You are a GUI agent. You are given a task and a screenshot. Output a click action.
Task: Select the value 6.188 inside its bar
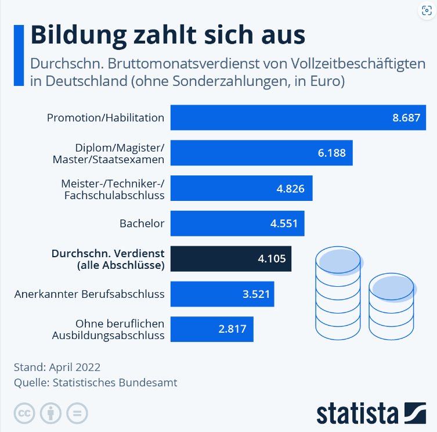tap(331, 153)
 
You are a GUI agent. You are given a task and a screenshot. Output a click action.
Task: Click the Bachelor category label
tap(142, 223)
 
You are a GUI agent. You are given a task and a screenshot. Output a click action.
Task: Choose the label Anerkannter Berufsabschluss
tap(89, 294)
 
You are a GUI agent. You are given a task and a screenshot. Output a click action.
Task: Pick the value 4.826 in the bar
tap(291, 189)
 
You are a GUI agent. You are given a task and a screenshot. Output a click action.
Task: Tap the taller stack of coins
tap(338, 293)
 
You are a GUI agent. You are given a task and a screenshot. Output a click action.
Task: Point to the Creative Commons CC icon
tap(24, 414)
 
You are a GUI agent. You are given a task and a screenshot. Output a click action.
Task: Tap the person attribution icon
tap(50, 414)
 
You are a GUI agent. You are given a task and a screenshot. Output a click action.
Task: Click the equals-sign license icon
tap(77, 414)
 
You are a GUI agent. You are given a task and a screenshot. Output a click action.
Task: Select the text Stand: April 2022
tap(57, 368)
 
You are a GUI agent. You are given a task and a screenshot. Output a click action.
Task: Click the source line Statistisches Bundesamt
tap(96, 383)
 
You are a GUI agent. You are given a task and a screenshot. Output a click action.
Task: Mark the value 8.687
tap(406, 118)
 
